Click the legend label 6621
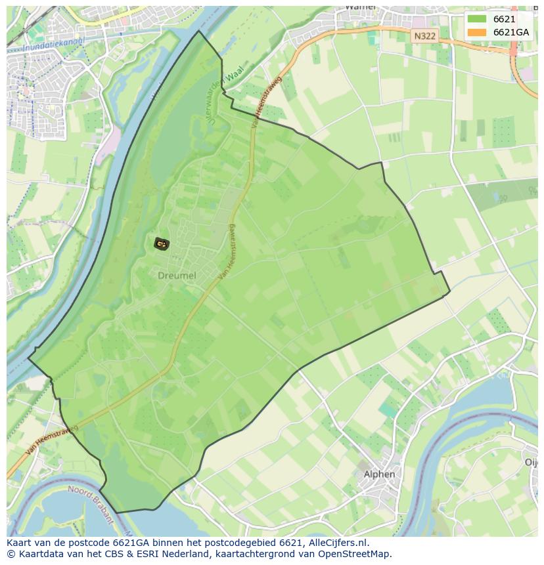tap(504, 19)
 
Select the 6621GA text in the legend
tap(510, 32)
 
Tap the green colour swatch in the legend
tap(477, 19)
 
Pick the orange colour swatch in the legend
tap(477, 32)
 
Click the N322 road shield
tap(424, 36)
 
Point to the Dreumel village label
tap(177, 276)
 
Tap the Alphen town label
tap(379, 474)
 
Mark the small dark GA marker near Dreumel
tap(161, 244)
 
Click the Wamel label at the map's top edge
tap(359, 7)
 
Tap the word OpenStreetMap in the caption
tap(358, 554)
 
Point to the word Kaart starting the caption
tap(19, 543)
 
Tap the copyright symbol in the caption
tap(11, 554)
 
